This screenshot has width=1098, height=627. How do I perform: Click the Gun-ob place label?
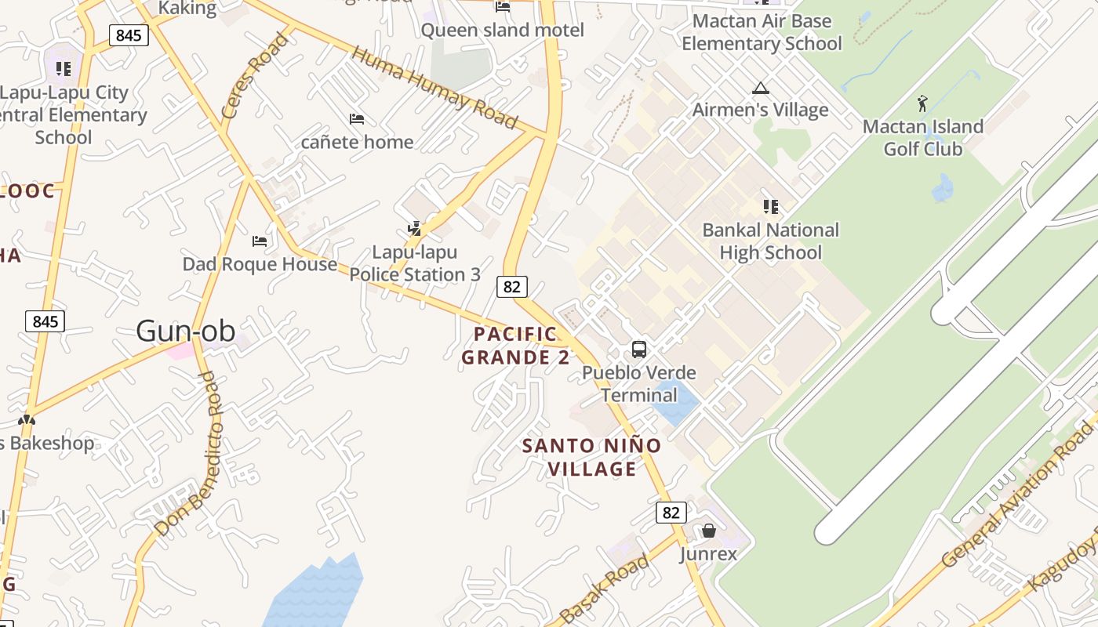coord(185,331)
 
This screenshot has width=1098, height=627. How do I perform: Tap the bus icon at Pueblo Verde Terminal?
coord(639,349)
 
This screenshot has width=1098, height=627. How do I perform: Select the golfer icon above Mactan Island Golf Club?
coord(922,103)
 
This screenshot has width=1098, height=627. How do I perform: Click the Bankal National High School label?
coord(770,241)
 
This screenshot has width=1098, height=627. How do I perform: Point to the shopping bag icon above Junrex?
coord(709,531)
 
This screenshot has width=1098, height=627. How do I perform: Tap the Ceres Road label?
coord(254,75)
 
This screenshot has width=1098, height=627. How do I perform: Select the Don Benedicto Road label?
coord(188,455)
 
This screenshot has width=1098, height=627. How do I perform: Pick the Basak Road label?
coord(605,589)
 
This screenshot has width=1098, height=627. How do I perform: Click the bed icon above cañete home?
coord(357,119)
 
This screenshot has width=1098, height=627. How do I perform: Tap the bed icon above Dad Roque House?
coord(260,241)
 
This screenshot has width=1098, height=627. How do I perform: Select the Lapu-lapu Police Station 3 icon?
coord(415,229)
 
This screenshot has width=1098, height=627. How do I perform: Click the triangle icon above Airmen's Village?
coord(760,88)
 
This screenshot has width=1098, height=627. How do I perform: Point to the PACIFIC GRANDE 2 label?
coord(515,346)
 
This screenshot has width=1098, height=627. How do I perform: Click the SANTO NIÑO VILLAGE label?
coord(592,457)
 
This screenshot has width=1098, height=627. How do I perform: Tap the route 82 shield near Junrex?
coord(671,513)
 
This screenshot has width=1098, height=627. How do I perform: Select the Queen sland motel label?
coord(503,31)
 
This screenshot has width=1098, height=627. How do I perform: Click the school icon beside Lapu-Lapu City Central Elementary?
coord(64,69)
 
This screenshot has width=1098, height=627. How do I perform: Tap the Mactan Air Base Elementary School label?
coord(761,32)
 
